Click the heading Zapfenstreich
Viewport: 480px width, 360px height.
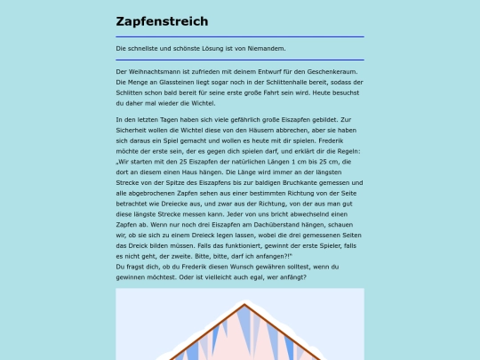(162, 21)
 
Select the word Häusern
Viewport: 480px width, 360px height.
(267, 130)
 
